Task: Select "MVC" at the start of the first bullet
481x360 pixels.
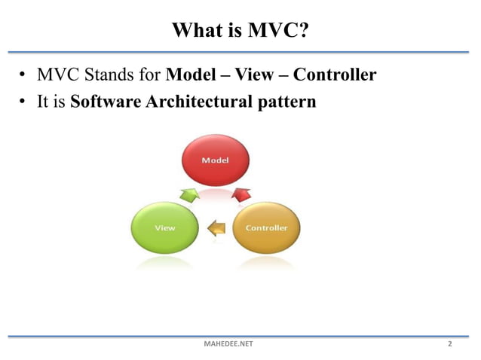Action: tap(47, 76)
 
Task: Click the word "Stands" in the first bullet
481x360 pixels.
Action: tap(100, 76)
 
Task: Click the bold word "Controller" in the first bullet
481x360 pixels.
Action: tap(335, 76)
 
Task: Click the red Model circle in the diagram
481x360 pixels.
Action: tap(215, 160)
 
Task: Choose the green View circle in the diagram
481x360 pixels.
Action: tap(164, 227)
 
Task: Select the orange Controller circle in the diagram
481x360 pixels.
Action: tap(265, 227)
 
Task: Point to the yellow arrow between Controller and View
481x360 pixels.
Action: tap(216, 226)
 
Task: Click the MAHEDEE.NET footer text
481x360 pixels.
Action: tap(229, 344)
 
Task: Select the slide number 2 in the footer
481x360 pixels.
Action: tap(450, 344)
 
